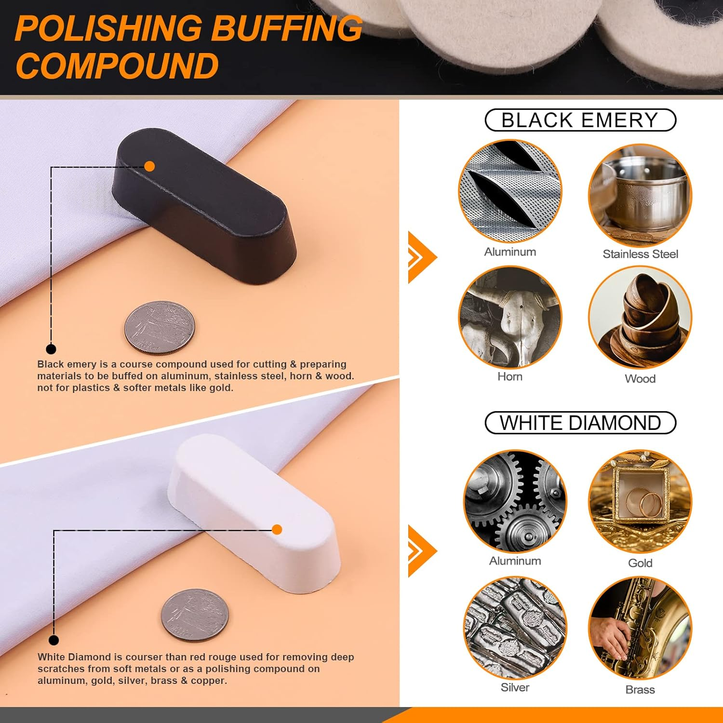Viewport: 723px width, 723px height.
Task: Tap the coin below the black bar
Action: [x=160, y=328]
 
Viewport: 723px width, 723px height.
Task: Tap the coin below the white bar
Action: [x=194, y=615]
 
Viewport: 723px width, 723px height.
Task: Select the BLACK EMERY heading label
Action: [x=580, y=120]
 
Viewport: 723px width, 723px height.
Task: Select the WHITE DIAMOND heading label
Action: [x=580, y=423]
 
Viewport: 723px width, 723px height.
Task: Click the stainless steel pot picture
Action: [x=640, y=195]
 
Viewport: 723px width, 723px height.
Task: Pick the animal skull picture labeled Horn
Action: [x=510, y=317]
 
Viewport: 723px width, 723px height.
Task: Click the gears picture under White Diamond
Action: [x=515, y=501]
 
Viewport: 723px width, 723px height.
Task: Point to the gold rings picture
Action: [x=640, y=501]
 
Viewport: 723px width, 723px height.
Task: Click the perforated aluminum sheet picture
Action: [x=510, y=192]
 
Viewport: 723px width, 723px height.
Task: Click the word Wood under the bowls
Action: [x=640, y=379]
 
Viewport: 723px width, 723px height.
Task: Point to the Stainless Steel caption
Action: [x=640, y=254]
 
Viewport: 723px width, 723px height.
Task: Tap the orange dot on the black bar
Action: [x=149, y=166]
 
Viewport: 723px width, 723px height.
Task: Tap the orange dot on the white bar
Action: [x=277, y=530]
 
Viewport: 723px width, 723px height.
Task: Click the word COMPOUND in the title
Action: [x=117, y=66]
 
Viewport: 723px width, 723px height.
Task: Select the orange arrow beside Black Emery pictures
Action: [x=421, y=257]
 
